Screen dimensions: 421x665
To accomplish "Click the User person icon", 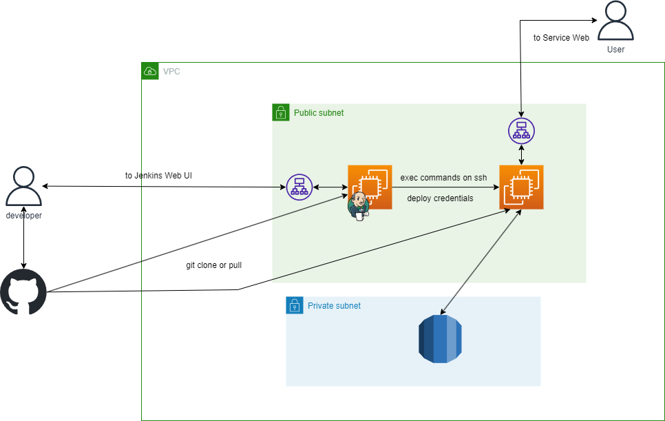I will tap(615, 22).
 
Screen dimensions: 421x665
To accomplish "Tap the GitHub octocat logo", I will tap(23, 292).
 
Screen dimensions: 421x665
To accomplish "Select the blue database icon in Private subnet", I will tap(440, 339).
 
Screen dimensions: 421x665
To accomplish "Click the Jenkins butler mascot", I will tap(358, 206).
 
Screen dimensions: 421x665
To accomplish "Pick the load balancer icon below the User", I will tap(521, 130).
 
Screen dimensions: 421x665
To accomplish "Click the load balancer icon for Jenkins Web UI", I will tap(299, 187).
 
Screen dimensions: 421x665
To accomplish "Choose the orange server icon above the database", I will tap(521, 187).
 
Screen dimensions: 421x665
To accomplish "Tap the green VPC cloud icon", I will tap(150, 71).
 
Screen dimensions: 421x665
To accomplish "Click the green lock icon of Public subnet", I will tap(281, 112).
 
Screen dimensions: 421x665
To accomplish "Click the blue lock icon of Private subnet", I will tap(295, 305).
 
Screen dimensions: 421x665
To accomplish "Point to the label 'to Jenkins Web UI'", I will tap(158, 176).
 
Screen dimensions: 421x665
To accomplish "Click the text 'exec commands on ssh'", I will tap(443, 178).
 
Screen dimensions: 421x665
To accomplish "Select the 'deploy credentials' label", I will tap(440, 198).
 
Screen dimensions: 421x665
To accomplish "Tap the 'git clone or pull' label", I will tap(213, 265).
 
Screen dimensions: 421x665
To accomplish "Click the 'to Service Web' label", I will tap(561, 38).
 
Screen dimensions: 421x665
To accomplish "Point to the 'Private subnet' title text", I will tap(334, 306).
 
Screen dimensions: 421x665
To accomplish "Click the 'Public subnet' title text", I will tap(319, 112).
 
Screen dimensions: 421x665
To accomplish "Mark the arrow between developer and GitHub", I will tap(24, 244).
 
